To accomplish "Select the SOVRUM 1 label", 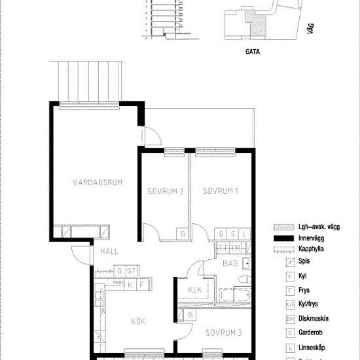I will [x=219, y=191].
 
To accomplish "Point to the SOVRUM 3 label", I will [x=223, y=333].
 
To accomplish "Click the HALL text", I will [x=109, y=251].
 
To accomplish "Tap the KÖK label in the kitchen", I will [x=137, y=321].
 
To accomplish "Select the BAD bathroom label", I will [x=229, y=265].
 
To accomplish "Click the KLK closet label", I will [x=194, y=290].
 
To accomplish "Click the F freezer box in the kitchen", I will [x=141, y=285].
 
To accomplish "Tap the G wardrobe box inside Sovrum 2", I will [x=183, y=234].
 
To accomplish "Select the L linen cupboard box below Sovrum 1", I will [x=244, y=234].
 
